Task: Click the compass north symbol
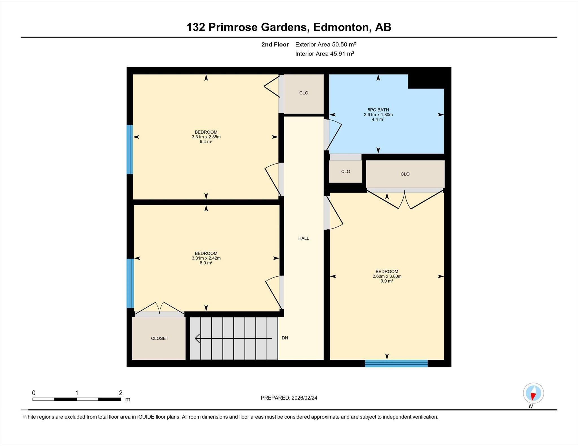pyautogui.click(x=533, y=393)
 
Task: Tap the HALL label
pyautogui.click(x=304, y=238)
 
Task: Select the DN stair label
pyautogui.click(x=285, y=338)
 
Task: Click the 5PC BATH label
pyautogui.click(x=378, y=110)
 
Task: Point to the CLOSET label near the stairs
pyautogui.click(x=160, y=338)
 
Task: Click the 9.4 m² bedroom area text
pyautogui.click(x=206, y=142)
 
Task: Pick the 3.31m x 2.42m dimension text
pyautogui.click(x=206, y=258)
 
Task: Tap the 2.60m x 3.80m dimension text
pyautogui.click(x=387, y=276)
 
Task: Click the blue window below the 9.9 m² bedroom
pyautogui.click(x=396, y=363)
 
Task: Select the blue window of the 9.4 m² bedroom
pyautogui.click(x=130, y=149)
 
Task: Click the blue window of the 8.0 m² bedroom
pyautogui.click(x=130, y=283)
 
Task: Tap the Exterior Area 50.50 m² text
pyautogui.click(x=325, y=45)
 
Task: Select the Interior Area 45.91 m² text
pyautogui.click(x=325, y=54)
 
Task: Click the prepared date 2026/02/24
pyautogui.click(x=304, y=398)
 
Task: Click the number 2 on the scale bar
pyautogui.click(x=121, y=393)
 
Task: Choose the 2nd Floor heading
pyautogui.click(x=275, y=45)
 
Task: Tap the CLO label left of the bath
pyautogui.click(x=304, y=93)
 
